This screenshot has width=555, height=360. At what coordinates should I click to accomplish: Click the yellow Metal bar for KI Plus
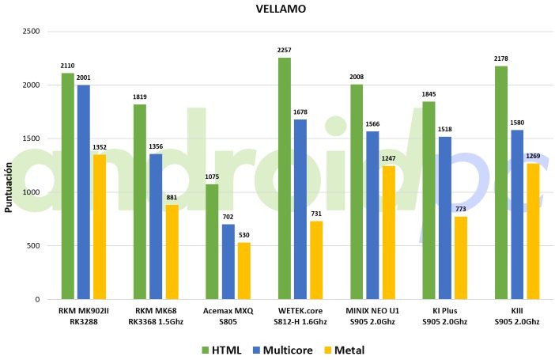[x=460, y=258]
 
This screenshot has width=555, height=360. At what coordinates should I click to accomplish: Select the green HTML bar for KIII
[x=501, y=183]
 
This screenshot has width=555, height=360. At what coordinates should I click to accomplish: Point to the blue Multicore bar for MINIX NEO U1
[x=372, y=215]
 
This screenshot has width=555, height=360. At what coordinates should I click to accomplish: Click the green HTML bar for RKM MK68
[x=140, y=202]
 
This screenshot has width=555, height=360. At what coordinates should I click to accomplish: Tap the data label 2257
[x=285, y=51]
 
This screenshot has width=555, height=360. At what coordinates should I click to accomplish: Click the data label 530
[x=244, y=236]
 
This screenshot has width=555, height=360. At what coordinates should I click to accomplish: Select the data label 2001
[x=84, y=78]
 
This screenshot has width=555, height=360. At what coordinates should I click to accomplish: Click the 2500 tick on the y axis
[x=30, y=32]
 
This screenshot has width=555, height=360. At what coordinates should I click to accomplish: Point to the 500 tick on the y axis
[x=33, y=246]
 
